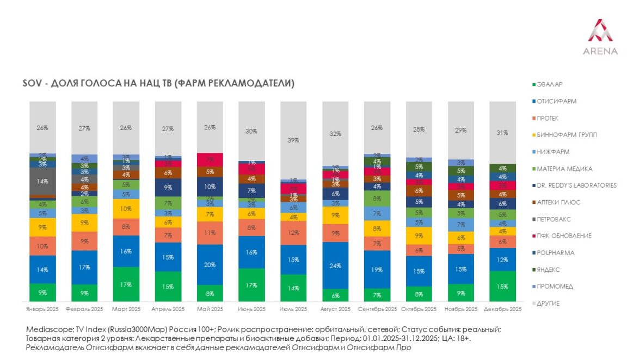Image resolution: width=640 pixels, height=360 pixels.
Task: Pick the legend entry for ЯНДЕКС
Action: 547,270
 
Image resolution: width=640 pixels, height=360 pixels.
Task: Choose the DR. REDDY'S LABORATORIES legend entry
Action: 576,185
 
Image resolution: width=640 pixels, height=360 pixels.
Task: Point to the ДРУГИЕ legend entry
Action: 547,303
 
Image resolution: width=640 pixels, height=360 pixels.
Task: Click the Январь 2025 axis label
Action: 43,309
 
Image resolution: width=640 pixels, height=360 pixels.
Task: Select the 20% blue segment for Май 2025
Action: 210,264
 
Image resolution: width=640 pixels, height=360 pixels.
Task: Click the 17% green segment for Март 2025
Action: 126,284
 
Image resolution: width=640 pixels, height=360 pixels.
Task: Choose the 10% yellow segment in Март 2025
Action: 126,209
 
